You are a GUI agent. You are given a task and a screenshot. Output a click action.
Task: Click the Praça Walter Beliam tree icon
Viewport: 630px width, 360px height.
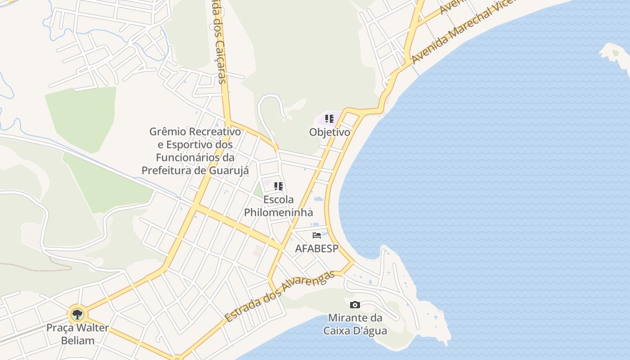click(x=77, y=314)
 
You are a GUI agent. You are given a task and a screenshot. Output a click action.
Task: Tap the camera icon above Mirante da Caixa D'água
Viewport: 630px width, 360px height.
click(x=355, y=305)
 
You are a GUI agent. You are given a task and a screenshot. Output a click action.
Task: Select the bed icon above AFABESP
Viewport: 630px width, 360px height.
click(x=317, y=235)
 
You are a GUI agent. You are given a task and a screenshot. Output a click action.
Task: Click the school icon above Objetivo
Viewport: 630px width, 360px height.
click(x=329, y=119)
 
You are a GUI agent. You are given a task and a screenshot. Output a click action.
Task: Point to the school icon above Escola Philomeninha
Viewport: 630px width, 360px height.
click(x=279, y=186)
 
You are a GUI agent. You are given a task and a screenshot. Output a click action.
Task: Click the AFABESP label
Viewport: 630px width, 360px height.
click(x=316, y=248)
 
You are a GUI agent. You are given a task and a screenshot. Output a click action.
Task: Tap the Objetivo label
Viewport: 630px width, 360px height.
click(x=329, y=132)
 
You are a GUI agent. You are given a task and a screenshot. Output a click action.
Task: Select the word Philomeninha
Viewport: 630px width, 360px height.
click(x=278, y=212)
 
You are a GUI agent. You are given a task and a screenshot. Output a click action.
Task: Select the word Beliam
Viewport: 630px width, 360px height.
click(x=77, y=340)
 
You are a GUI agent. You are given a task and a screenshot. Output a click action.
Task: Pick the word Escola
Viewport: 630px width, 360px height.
click(x=278, y=199)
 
